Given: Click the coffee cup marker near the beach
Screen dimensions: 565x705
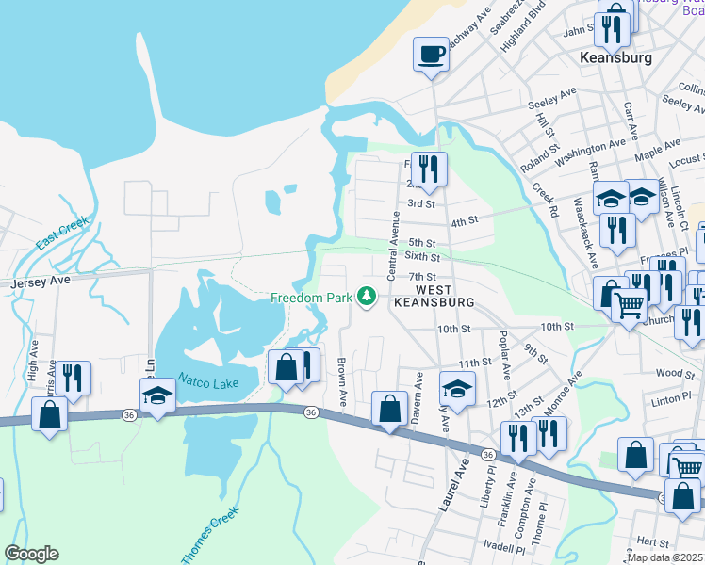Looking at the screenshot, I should (432, 55).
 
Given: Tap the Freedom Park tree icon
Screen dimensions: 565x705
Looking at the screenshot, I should (367, 299).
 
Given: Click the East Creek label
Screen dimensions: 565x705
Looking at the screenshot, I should (62, 233).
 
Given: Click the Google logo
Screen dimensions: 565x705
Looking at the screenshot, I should (31, 554).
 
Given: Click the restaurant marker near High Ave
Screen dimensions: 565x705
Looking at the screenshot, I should (73, 377).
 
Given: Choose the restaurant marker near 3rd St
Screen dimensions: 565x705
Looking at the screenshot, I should (429, 169).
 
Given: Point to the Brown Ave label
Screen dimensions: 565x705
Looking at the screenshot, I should (342, 380).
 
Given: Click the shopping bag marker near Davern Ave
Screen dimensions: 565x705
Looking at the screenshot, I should (389, 408).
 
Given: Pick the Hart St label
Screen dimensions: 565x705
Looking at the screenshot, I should (652, 542).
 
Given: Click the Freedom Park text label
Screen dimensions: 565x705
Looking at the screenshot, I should (310, 299).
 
